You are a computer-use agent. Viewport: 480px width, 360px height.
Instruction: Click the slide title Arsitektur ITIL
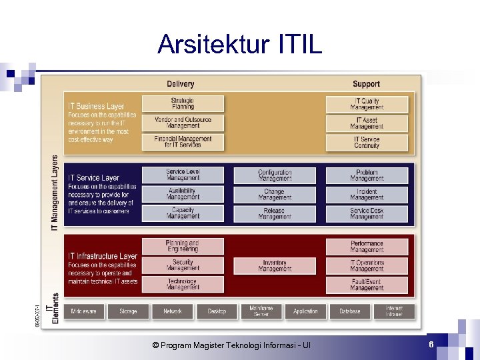coord(239,45)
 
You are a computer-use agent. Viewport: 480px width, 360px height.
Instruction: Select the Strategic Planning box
coord(183,104)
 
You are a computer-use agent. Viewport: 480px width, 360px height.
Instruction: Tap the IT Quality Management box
coord(366,104)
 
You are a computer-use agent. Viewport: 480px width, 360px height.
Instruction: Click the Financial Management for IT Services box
coord(183,142)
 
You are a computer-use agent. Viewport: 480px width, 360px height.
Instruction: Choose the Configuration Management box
coord(275,175)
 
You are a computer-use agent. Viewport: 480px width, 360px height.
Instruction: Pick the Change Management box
coord(275,195)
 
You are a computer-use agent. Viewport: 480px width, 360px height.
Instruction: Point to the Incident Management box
coord(366,195)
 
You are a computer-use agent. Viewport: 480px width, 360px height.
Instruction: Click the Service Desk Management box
coord(366,213)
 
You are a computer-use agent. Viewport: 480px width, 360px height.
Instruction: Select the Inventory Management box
coord(275,266)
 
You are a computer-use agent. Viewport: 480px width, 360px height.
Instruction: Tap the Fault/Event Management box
coord(366,285)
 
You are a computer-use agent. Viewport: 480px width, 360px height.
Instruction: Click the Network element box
coord(173,311)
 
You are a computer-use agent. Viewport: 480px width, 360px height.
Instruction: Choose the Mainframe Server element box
coord(261,311)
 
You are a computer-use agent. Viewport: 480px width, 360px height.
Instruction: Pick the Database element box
coord(349,311)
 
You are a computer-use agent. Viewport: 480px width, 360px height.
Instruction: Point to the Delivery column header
coord(181,84)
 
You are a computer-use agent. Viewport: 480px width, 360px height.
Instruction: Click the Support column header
coord(366,84)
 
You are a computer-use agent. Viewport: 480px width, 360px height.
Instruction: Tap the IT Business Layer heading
coord(96,106)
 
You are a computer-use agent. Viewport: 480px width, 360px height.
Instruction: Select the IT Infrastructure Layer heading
coord(103,256)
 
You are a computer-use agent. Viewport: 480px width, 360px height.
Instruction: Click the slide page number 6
coord(431,344)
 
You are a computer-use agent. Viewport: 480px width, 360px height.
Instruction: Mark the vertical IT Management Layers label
coord(55,193)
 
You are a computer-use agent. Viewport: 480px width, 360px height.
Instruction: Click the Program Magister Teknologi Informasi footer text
coord(231,345)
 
